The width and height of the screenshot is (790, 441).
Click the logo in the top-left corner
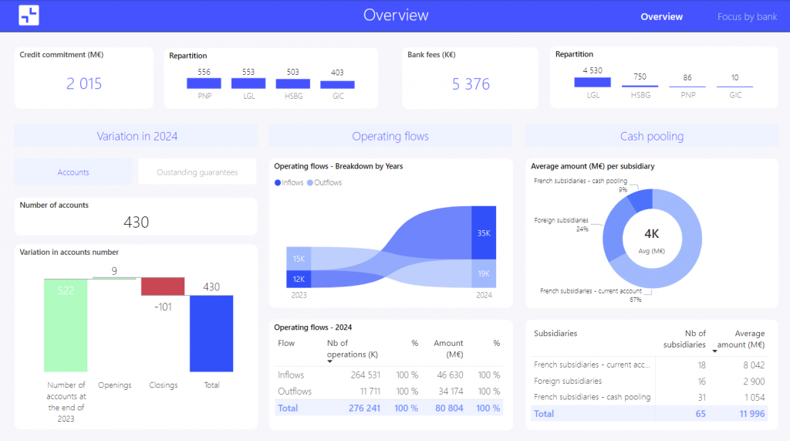coord(29,15)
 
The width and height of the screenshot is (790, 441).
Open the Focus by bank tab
coord(747,16)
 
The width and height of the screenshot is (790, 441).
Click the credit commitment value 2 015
coord(84,84)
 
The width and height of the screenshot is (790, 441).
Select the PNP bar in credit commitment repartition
coord(204,83)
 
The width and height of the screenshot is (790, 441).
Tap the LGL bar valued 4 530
coord(592,82)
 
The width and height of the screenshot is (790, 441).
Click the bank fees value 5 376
coord(471,84)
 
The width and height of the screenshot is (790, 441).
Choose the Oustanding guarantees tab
coord(197,172)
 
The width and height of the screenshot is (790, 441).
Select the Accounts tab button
coord(73,172)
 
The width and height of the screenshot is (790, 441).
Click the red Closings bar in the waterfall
coord(163,287)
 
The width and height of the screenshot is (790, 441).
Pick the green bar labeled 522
coord(66,325)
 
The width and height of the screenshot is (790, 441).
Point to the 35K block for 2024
coord(483,232)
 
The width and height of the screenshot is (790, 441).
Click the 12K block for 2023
coord(298,279)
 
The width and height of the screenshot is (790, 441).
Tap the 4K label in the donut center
coord(652,232)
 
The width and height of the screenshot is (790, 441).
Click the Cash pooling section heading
coord(652,137)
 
